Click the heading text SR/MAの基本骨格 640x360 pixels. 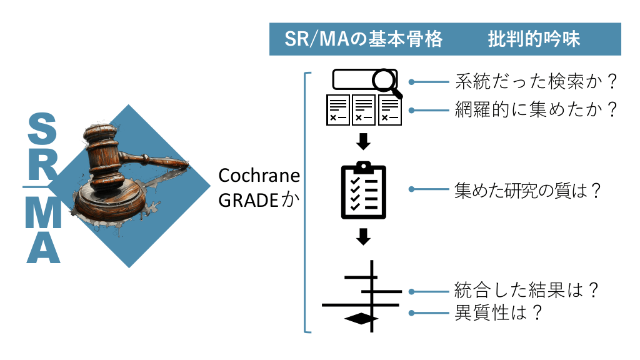pos(363,39)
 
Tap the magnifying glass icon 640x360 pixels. pos(384,81)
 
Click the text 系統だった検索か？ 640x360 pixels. pos(536,81)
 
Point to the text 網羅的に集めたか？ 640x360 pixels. pos(536,109)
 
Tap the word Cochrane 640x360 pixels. pos(259,176)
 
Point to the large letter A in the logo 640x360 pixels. pos(43,246)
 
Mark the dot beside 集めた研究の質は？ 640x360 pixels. pos(412,189)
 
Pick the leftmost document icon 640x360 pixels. pos(338,110)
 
